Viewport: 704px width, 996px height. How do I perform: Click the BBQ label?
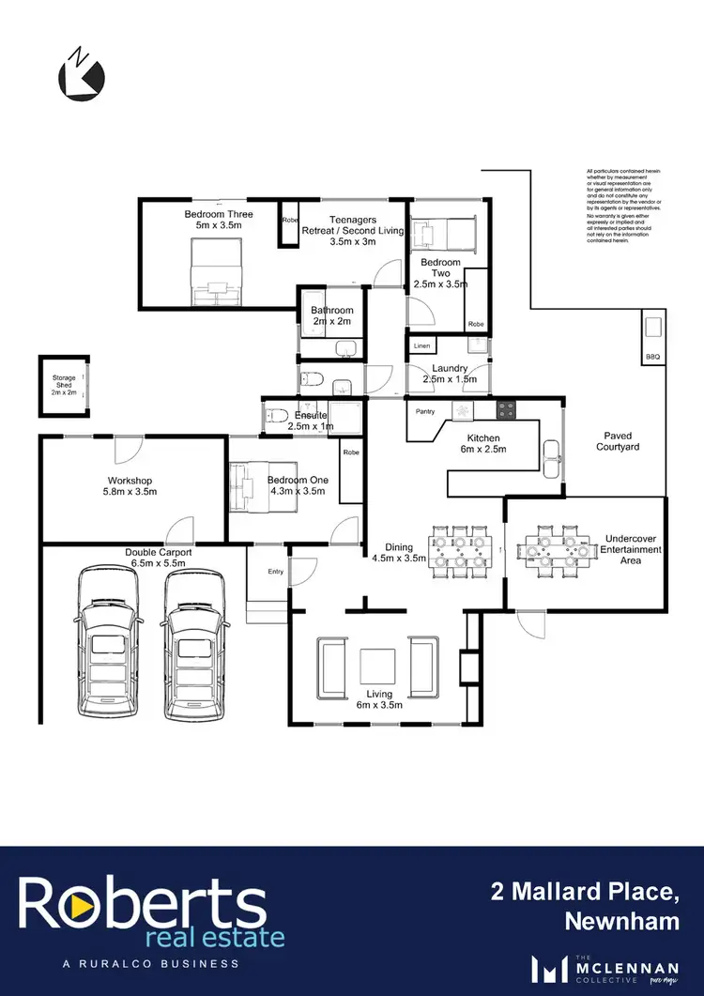[653, 357]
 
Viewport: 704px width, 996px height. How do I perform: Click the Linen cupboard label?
[421, 346]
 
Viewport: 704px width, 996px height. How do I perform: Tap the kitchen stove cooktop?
[505, 409]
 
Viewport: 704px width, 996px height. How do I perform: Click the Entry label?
[276, 572]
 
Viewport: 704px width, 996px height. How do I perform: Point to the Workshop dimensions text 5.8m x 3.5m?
[130, 492]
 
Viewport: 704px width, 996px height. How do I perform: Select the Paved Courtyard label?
[618, 441]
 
